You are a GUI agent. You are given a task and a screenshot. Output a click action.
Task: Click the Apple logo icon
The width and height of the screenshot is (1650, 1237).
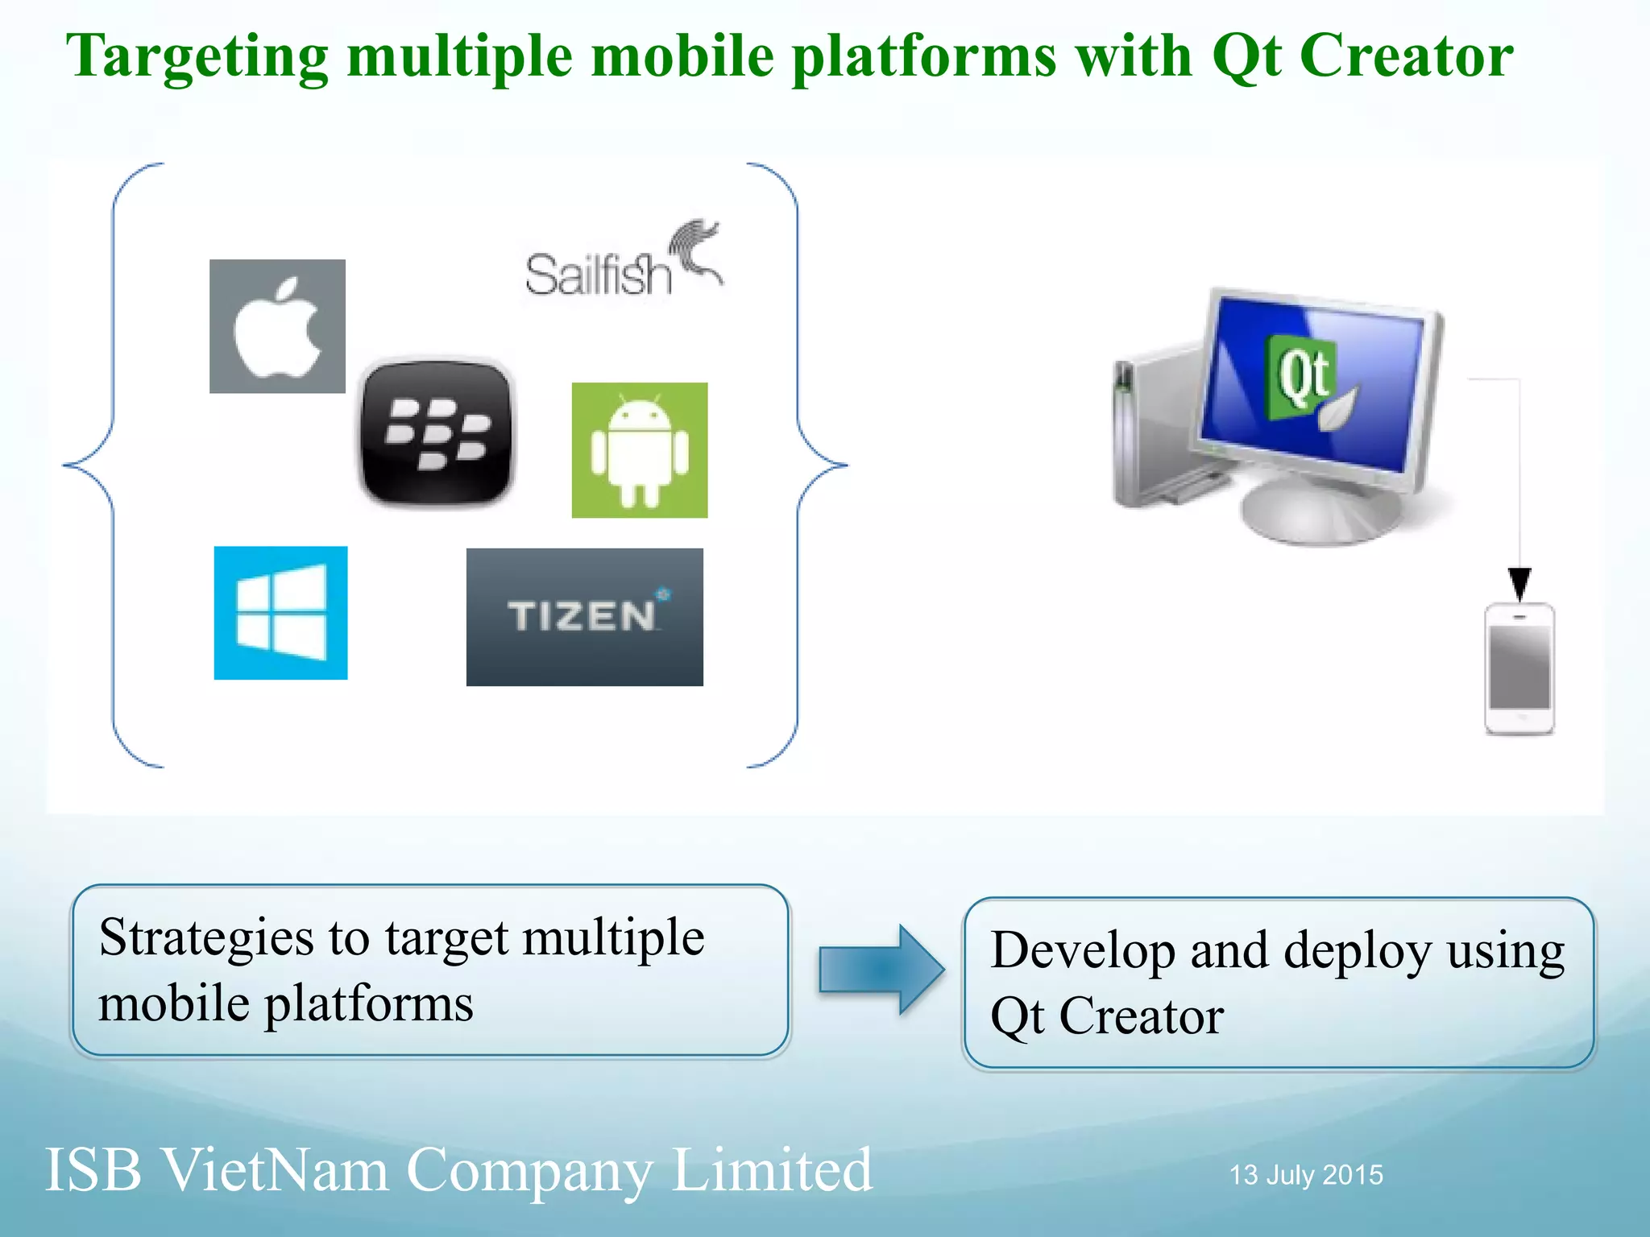coord(277,326)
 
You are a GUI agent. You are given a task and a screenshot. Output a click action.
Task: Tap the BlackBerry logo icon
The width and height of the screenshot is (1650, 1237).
coord(436,432)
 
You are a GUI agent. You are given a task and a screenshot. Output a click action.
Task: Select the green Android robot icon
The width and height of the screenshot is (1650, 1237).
coord(640,450)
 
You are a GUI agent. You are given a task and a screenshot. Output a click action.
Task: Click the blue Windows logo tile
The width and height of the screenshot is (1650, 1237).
coord(280,613)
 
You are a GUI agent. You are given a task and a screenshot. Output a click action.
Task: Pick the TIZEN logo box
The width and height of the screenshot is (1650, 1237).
coord(584,617)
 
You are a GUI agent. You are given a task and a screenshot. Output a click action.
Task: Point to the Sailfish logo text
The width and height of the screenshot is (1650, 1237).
coord(598,275)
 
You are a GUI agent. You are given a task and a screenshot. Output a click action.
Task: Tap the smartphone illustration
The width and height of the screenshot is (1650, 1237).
coord(1519,668)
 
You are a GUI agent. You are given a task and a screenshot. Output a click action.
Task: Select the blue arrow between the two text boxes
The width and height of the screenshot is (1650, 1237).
coord(881,970)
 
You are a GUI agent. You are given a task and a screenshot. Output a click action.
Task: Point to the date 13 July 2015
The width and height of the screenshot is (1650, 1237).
coord(1305,1175)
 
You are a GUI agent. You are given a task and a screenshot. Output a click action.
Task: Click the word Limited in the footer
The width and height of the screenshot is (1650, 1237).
coord(772,1169)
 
